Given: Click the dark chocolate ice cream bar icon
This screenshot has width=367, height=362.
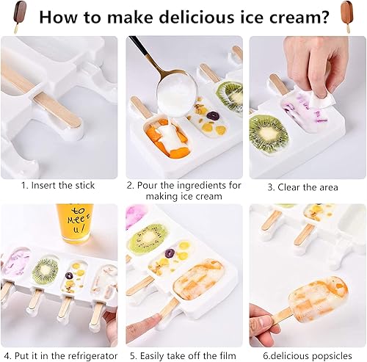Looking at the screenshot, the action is pos(19,16).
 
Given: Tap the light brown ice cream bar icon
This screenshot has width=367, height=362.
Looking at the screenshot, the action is pos(347,17).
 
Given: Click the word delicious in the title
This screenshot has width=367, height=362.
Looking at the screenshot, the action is pos(185,17).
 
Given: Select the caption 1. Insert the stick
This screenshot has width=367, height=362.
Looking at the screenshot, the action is pos(58,185).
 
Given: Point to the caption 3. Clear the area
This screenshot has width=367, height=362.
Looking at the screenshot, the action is pos(302,187).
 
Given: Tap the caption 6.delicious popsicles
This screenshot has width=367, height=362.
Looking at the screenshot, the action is pos(308,355).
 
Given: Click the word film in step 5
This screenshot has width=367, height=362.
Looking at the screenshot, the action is pos(227,355).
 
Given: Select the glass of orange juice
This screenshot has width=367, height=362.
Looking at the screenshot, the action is pos(75,223).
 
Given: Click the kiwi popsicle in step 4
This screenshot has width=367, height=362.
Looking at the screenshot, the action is pos(46,270).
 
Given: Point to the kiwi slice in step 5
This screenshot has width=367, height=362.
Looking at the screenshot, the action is pos(148,236).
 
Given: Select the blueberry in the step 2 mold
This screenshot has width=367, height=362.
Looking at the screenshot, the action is pos(212,115).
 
